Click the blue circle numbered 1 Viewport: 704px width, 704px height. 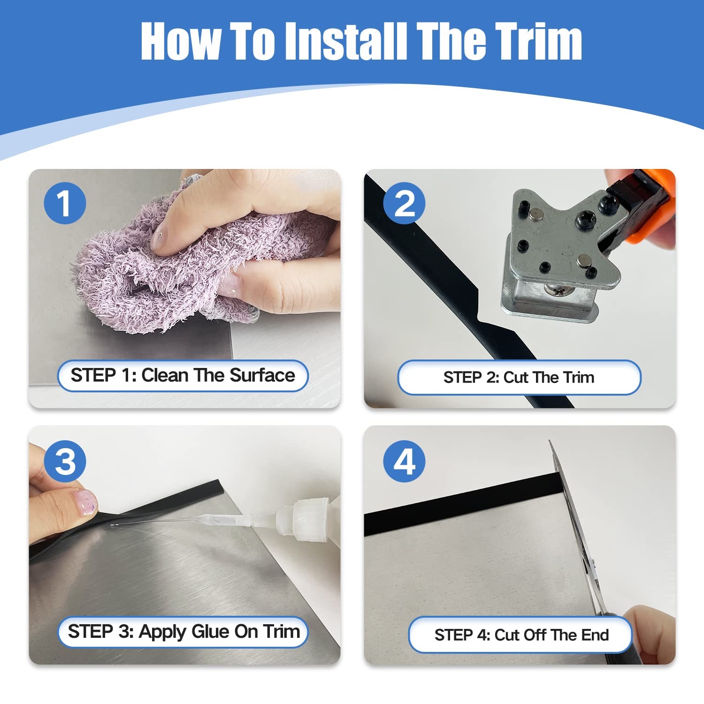(x=65, y=203)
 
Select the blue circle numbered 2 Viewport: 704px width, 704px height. (x=404, y=203)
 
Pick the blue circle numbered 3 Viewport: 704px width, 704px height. (x=65, y=461)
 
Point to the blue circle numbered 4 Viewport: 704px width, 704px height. (x=404, y=461)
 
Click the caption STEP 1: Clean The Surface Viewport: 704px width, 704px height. (x=183, y=375)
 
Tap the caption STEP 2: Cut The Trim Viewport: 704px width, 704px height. (x=519, y=377)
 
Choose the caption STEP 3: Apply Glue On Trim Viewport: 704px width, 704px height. (x=184, y=632)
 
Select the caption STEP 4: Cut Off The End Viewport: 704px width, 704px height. (x=521, y=635)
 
